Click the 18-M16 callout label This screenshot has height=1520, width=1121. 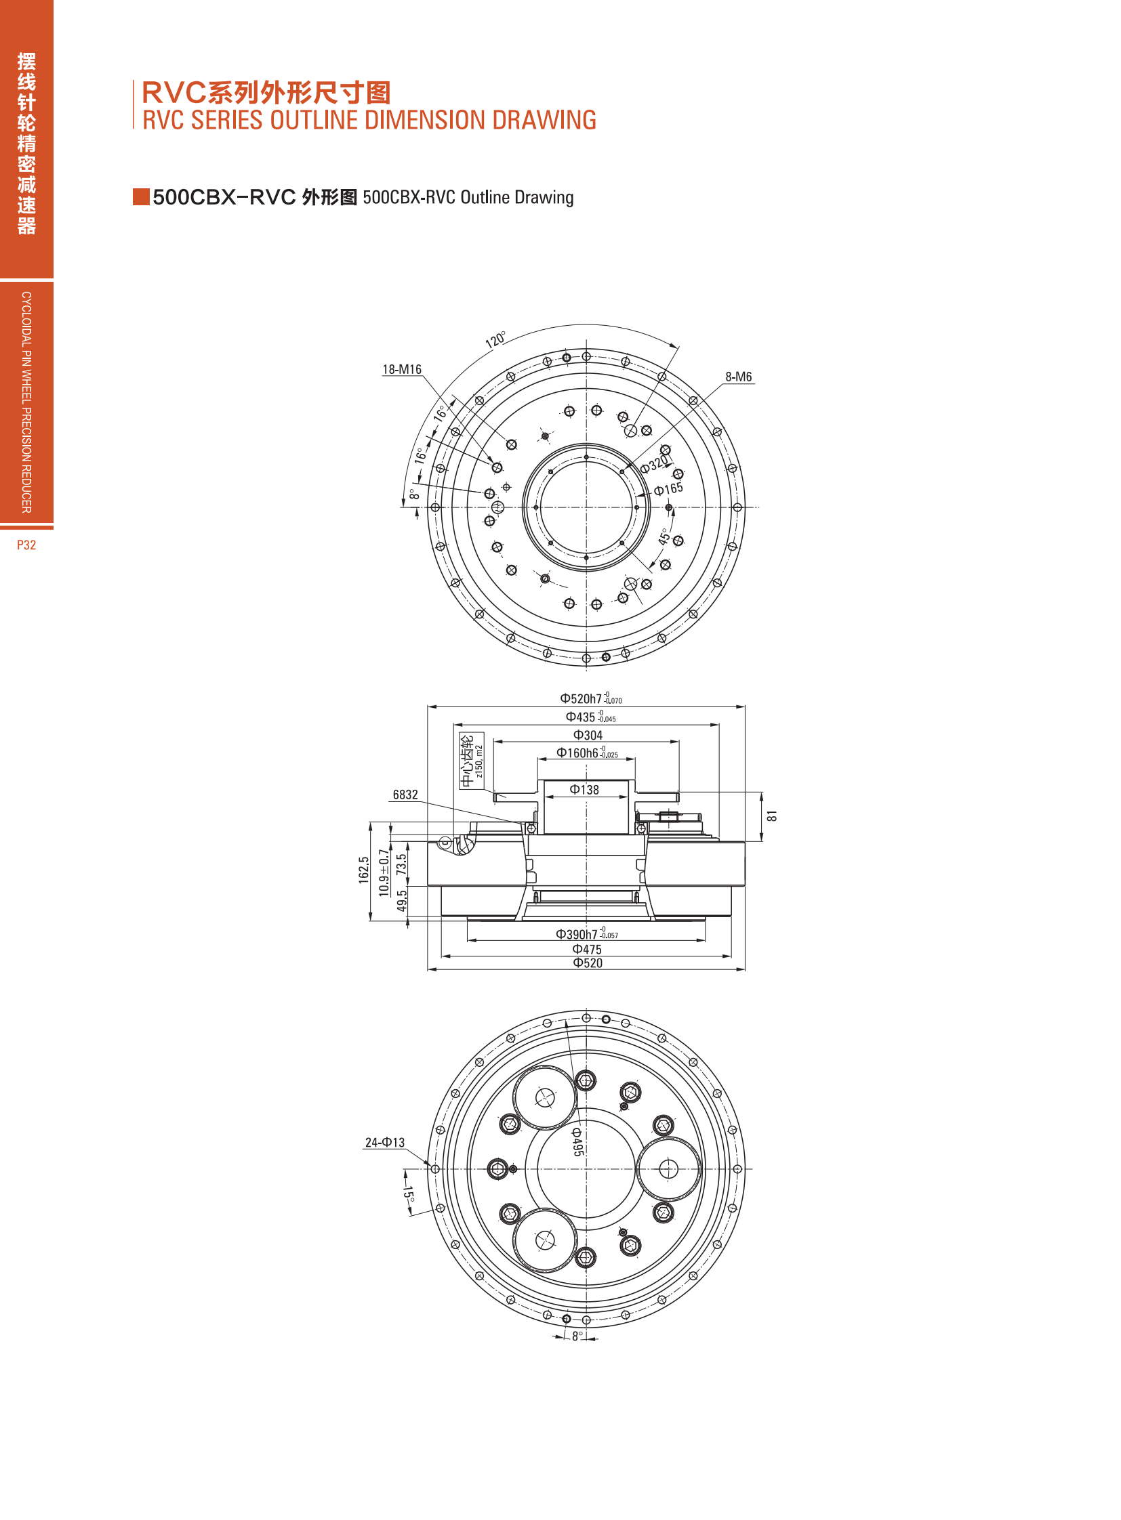tap(402, 370)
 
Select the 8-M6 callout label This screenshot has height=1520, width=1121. tap(738, 377)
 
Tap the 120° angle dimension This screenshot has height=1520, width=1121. tap(495, 340)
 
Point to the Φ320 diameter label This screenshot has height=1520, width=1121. tap(655, 464)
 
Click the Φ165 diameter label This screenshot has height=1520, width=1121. tap(668, 489)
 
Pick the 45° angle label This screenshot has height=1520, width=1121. tap(664, 537)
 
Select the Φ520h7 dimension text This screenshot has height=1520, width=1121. tap(590, 698)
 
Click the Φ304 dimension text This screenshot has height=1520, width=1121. tap(588, 735)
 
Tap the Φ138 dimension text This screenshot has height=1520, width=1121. tap(584, 790)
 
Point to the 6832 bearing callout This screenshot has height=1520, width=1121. tap(405, 795)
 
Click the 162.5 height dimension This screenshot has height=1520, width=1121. tap(364, 870)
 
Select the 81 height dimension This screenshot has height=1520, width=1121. tap(772, 816)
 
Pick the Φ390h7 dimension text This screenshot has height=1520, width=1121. tap(587, 934)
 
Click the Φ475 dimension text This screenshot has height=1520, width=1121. tap(587, 950)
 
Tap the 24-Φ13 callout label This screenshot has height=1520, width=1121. tap(385, 1142)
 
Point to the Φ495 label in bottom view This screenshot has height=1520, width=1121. tap(577, 1141)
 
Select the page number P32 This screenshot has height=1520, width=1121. tap(26, 545)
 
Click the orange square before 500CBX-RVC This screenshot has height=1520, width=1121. tap(141, 196)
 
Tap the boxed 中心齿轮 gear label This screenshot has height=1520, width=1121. tap(472, 761)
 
